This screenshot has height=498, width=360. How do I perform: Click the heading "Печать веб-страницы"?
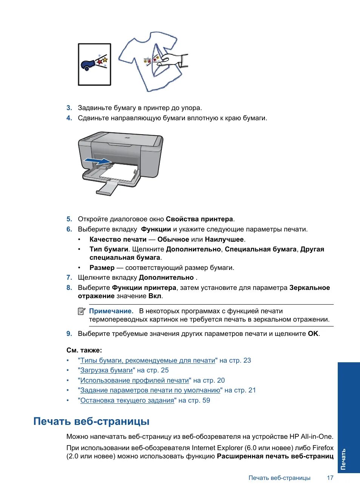tap(91, 421)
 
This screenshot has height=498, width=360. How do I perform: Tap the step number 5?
tap(69, 219)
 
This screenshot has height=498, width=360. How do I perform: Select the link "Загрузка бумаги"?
tap(106, 370)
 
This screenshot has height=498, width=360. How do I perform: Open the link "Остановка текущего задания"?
tap(127, 400)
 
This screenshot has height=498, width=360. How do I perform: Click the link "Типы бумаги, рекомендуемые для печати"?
tap(148, 360)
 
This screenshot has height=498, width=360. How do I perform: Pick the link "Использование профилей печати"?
tap(134, 380)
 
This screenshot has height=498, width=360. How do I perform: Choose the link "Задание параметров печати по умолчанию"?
tap(150, 390)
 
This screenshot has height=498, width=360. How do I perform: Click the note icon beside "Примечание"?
tap(82, 311)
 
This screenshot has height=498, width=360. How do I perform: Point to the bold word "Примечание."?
tap(111, 311)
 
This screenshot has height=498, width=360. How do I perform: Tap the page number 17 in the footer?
tap(330, 478)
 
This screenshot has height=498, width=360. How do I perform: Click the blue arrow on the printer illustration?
tap(97, 161)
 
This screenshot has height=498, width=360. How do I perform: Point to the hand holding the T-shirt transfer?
tap(172, 60)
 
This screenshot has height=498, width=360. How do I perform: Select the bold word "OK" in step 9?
tap(313, 334)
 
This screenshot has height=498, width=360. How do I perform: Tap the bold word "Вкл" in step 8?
tap(155, 296)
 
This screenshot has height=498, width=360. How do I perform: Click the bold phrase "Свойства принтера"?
tap(199, 219)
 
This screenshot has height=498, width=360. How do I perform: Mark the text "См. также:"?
tap(84, 350)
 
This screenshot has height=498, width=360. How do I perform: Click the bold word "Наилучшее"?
tap(225, 239)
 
